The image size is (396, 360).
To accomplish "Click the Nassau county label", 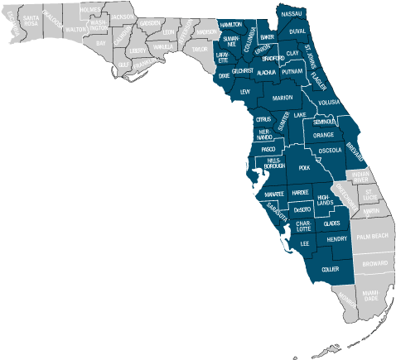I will pyautogui.click(x=292, y=15).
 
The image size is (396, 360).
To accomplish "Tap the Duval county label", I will pyautogui.click(x=298, y=31).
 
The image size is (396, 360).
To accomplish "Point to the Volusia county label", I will pyautogui.click(x=329, y=102).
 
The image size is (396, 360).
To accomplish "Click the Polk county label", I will pyautogui.click(x=304, y=167).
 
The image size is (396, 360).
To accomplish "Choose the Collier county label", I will pyautogui.click(x=330, y=269).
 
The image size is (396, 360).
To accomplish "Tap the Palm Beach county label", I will pyautogui.click(x=372, y=236).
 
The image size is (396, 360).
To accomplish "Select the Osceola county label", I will pyautogui.click(x=330, y=151).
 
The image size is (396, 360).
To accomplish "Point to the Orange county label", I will pyautogui.click(x=323, y=135).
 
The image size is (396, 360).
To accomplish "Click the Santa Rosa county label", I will pyautogui.click(x=31, y=20).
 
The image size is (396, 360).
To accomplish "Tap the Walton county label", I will pyautogui.click(x=75, y=29).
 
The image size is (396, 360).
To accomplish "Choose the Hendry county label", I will pyautogui.click(x=337, y=239).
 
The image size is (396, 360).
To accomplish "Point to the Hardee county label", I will pyautogui.click(x=301, y=192).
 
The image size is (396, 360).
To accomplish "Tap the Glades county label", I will pyautogui.click(x=331, y=223).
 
